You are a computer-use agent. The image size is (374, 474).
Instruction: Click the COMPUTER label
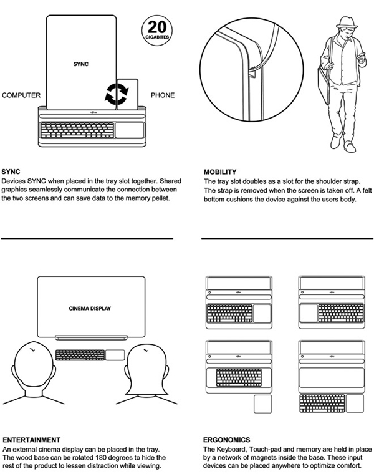click(21, 95)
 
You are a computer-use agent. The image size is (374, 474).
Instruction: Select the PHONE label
click(163, 95)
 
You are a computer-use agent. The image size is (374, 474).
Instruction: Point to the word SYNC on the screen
click(82, 64)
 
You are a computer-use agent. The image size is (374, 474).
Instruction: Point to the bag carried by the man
click(323, 86)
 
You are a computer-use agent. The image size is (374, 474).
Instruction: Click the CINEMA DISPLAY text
click(92, 308)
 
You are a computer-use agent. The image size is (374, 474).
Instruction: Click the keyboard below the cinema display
click(79, 355)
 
